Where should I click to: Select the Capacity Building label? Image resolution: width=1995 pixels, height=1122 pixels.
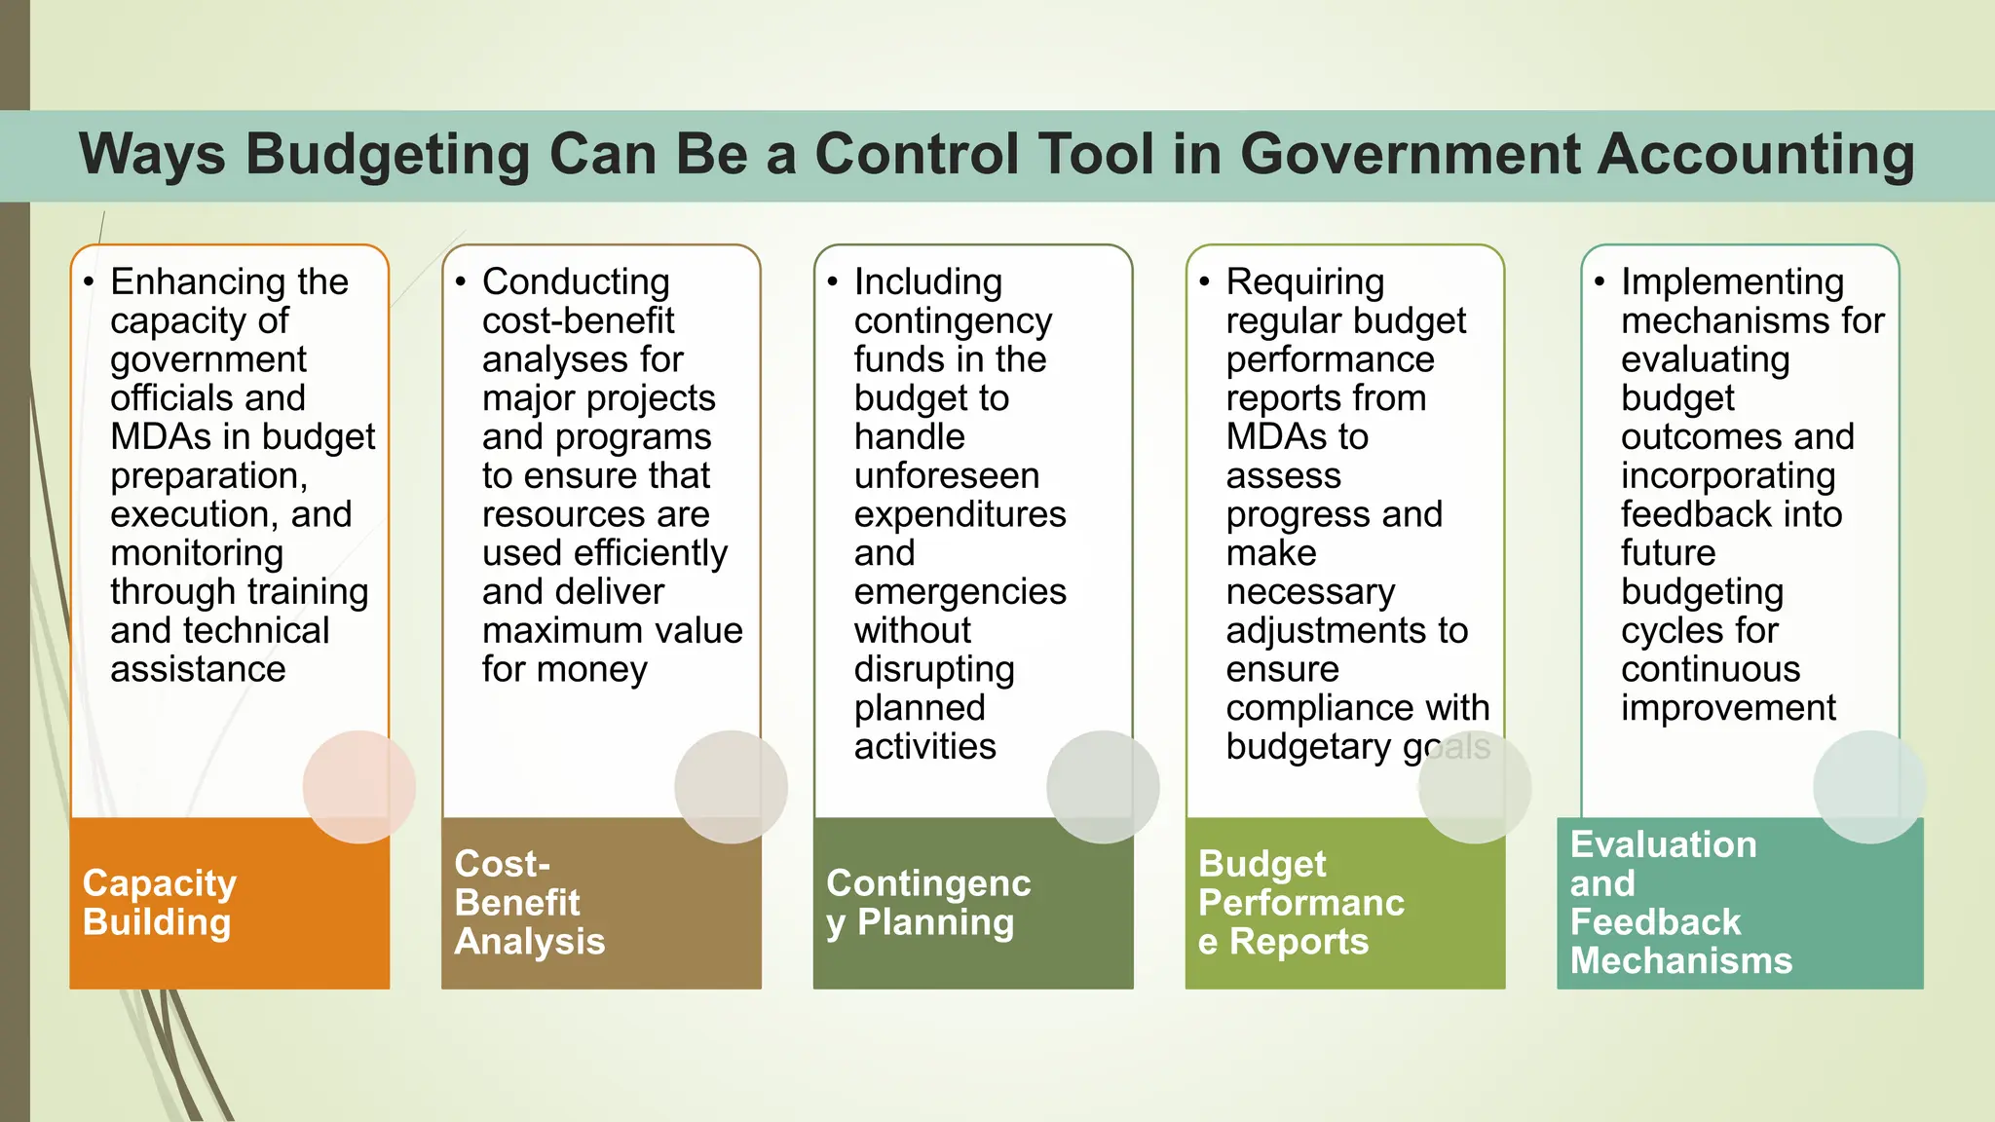pyautogui.click(x=160, y=903)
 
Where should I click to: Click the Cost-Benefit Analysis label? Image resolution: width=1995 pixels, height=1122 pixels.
pyautogui.click(x=530, y=903)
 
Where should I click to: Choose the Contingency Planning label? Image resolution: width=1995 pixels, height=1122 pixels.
pyautogui.click(x=928, y=903)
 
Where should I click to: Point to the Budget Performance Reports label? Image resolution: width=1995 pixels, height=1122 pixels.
pyautogui.click(x=1300, y=903)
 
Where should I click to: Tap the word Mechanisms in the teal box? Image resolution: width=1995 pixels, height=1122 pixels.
pyautogui.click(x=1681, y=961)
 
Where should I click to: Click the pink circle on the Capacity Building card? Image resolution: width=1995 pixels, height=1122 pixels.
pyautogui.click(x=358, y=787)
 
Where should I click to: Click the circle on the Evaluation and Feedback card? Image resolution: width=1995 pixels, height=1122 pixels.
pyautogui.click(x=1868, y=787)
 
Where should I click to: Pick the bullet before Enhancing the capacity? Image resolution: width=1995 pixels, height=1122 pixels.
pyautogui.click(x=89, y=282)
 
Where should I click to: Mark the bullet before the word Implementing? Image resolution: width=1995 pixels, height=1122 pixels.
pyautogui.click(x=1600, y=282)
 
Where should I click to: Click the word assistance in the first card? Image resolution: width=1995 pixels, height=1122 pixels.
pyautogui.click(x=198, y=670)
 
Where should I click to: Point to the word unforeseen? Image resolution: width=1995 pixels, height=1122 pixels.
pyautogui.click(x=947, y=476)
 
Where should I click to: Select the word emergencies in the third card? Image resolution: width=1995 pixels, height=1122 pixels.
pyautogui.click(x=960, y=592)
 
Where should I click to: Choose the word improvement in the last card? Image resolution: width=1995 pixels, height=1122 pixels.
pyautogui.click(x=1728, y=709)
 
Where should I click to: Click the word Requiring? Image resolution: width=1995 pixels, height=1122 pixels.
pyautogui.click(x=1304, y=282)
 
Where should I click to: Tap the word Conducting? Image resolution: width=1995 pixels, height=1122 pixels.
pyautogui.click(x=576, y=282)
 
